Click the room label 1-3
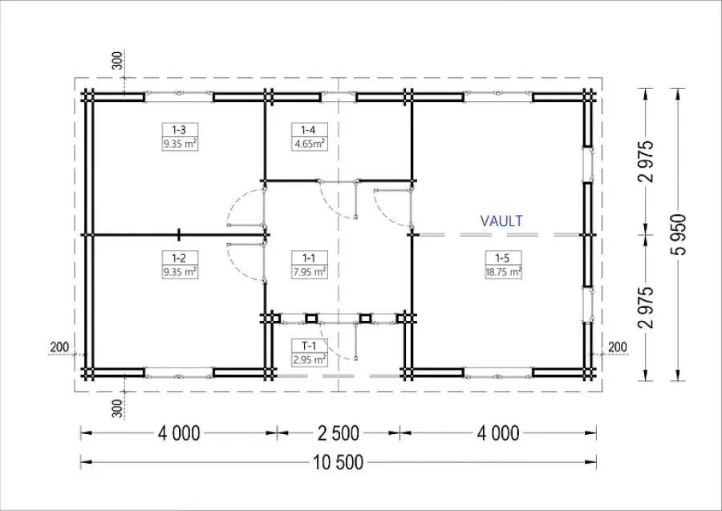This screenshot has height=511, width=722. coord(179,130)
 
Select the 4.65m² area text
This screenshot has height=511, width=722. coord(309,144)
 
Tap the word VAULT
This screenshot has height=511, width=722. coord(501,221)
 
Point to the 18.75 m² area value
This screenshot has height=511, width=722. coord(503,272)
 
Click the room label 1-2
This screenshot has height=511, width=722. coord(179,258)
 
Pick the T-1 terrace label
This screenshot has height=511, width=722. coord(309,346)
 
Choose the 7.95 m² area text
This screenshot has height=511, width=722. coord(310,272)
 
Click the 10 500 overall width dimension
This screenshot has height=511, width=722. coord(339,462)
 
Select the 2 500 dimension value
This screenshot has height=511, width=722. coord(339,433)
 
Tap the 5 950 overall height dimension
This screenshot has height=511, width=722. coord(678,234)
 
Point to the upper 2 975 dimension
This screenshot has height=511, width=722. coord(646,161)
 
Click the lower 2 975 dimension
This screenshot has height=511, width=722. coord(646,307)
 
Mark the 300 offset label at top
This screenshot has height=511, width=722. coord(118,61)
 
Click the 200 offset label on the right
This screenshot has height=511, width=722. coord(617,347)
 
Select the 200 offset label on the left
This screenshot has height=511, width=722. coord(59,347)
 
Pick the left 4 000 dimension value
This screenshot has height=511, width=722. coord(179,433)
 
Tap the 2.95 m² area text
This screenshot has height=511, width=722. coord(310,359)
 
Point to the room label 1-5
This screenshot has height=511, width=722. coord(502,258)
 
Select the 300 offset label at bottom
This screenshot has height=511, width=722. coord(118,409)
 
